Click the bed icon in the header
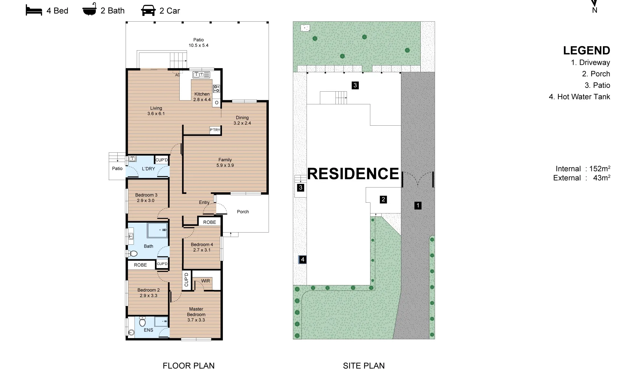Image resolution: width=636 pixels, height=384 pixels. pos(34,10)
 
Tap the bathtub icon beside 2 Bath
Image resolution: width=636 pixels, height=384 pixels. pos(89,10)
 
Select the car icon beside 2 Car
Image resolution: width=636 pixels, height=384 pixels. pos(148,10)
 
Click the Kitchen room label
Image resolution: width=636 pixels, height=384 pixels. pos(202,94)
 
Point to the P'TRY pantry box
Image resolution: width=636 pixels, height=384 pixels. pos(215,130)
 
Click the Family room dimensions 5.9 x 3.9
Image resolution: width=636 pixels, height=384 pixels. pos(225,165)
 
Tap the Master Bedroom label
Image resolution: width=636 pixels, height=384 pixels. pos(196,312)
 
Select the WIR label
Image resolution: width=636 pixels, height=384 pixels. pos(205,281)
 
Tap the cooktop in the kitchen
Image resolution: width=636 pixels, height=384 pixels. pos(216,88)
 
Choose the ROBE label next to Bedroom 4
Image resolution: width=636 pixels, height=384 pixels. pos(210,222)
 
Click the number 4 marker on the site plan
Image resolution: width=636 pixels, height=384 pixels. pos(302,260)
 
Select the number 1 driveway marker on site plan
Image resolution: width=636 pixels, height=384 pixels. pos(418,206)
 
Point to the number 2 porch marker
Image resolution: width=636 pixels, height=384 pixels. pos(383,199)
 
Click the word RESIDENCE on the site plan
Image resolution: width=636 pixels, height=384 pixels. pos(353,174)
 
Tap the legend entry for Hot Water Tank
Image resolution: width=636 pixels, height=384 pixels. pos(579,97)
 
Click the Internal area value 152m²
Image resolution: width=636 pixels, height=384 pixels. pos(600,169)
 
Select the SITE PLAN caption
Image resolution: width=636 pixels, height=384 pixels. pos(364,366)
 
